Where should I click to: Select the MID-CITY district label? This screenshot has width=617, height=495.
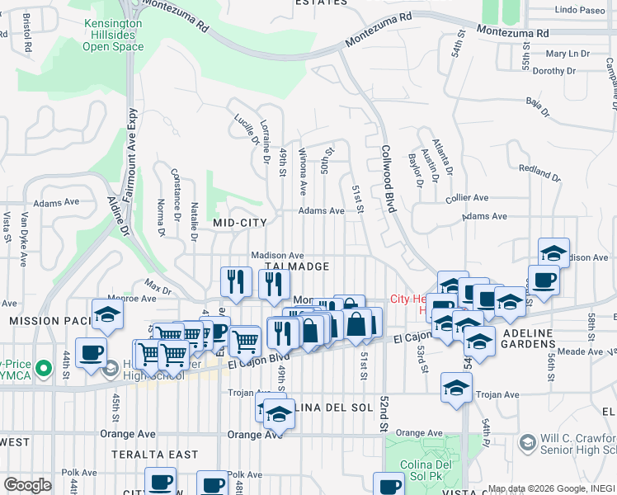(240, 223)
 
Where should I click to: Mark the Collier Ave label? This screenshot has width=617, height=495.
(467, 198)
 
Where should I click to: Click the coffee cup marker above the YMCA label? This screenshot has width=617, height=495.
(91, 352)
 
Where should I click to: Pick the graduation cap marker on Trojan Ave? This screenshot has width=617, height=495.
(456, 388)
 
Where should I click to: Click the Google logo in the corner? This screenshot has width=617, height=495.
(27, 485)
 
